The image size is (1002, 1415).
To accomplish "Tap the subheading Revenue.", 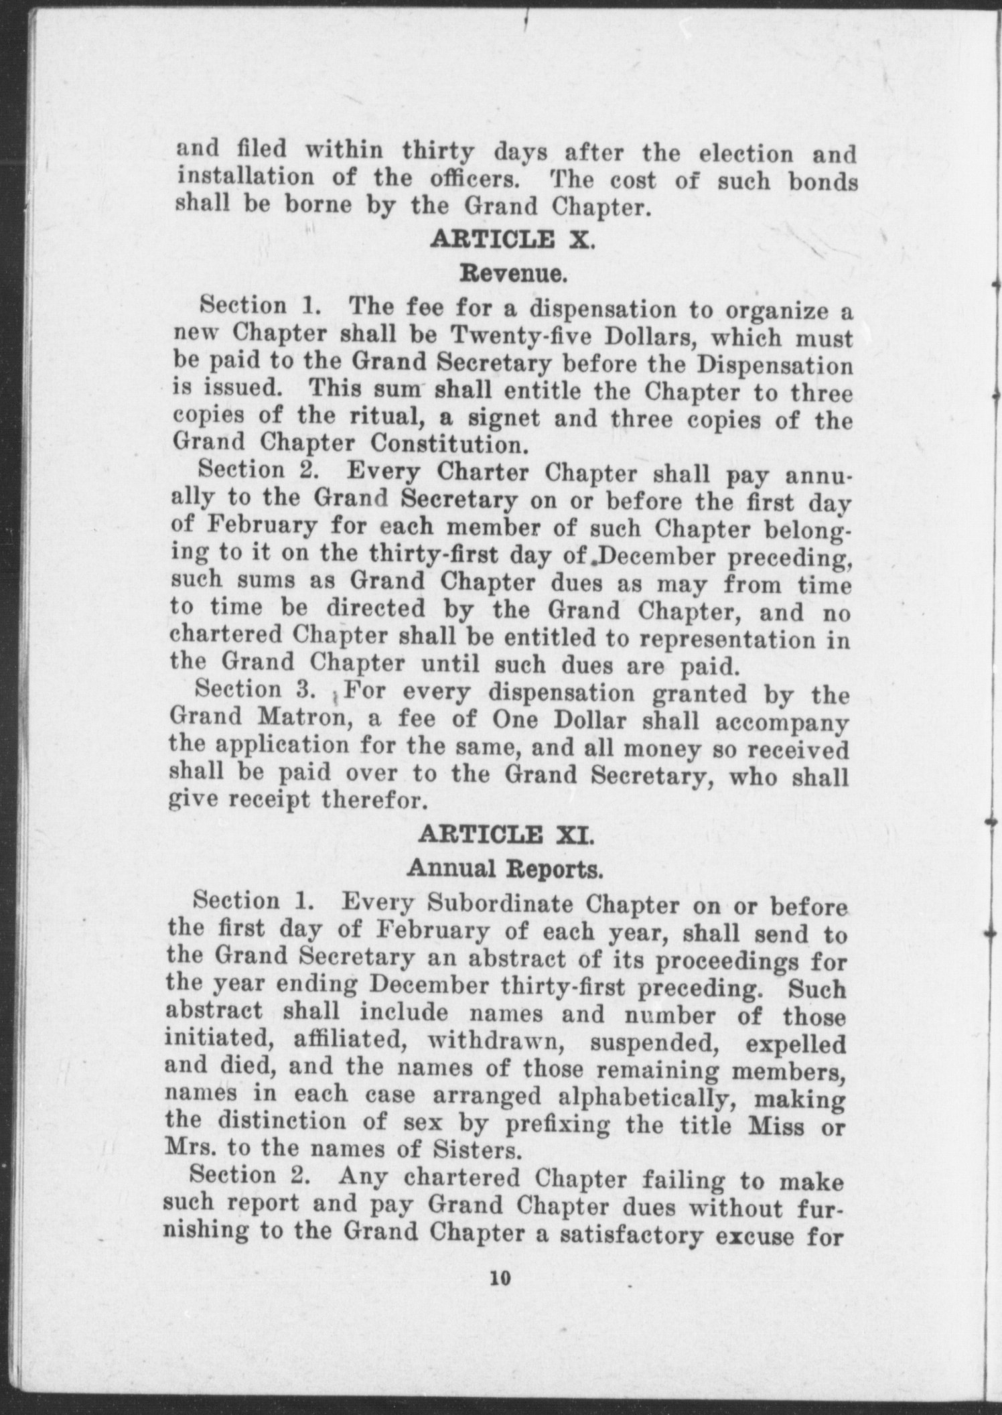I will [513, 274].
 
